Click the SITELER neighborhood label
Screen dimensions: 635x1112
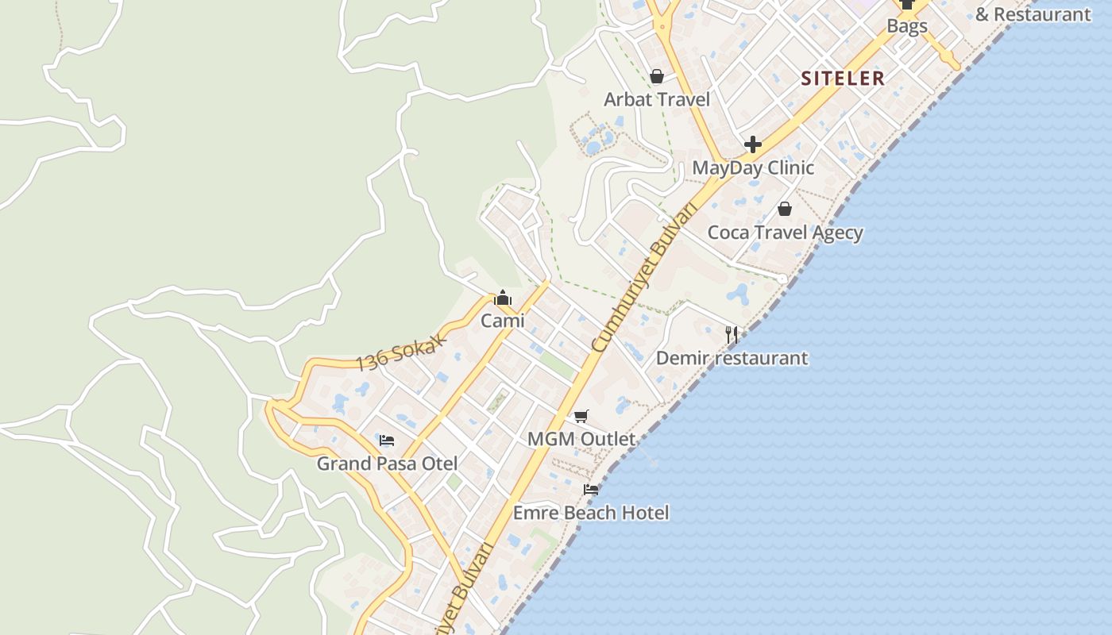pyautogui.click(x=843, y=78)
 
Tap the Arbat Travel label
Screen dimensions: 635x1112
pyautogui.click(x=657, y=99)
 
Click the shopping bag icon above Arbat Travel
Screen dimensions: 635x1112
pyautogui.click(x=657, y=76)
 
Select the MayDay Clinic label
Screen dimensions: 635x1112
pyautogui.click(x=753, y=167)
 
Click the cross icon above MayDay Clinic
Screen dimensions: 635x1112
pyautogui.click(x=753, y=144)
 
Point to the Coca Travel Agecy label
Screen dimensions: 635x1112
pyautogui.click(x=785, y=233)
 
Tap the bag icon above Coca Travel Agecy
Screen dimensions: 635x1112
pyautogui.click(x=785, y=209)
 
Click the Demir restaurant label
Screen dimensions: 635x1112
pyautogui.click(x=732, y=358)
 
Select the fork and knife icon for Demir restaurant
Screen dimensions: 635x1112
pyautogui.click(x=732, y=334)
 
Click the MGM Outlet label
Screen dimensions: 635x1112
pyautogui.click(x=581, y=439)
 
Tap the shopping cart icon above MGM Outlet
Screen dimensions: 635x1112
pyautogui.click(x=581, y=416)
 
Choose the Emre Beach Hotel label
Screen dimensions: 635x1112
pyautogui.click(x=591, y=513)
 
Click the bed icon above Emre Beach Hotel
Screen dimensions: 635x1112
pyautogui.click(x=591, y=490)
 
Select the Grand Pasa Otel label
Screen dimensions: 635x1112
pyautogui.click(x=387, y=464)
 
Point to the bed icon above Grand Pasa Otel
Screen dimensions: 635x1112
pyautogui.click(x=387, y=440)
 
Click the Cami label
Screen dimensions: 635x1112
pyautogui.click(x=503, y=321)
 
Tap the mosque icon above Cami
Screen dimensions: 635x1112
pyautogui.click(x=503, y=298)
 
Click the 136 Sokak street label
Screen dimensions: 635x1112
pyautogui.click(x=401, y=351)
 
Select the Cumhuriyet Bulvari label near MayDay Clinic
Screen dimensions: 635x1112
pyautogui.click(x=647, y=279)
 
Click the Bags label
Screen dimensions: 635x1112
pyautogui.click(x=907, y=26)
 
